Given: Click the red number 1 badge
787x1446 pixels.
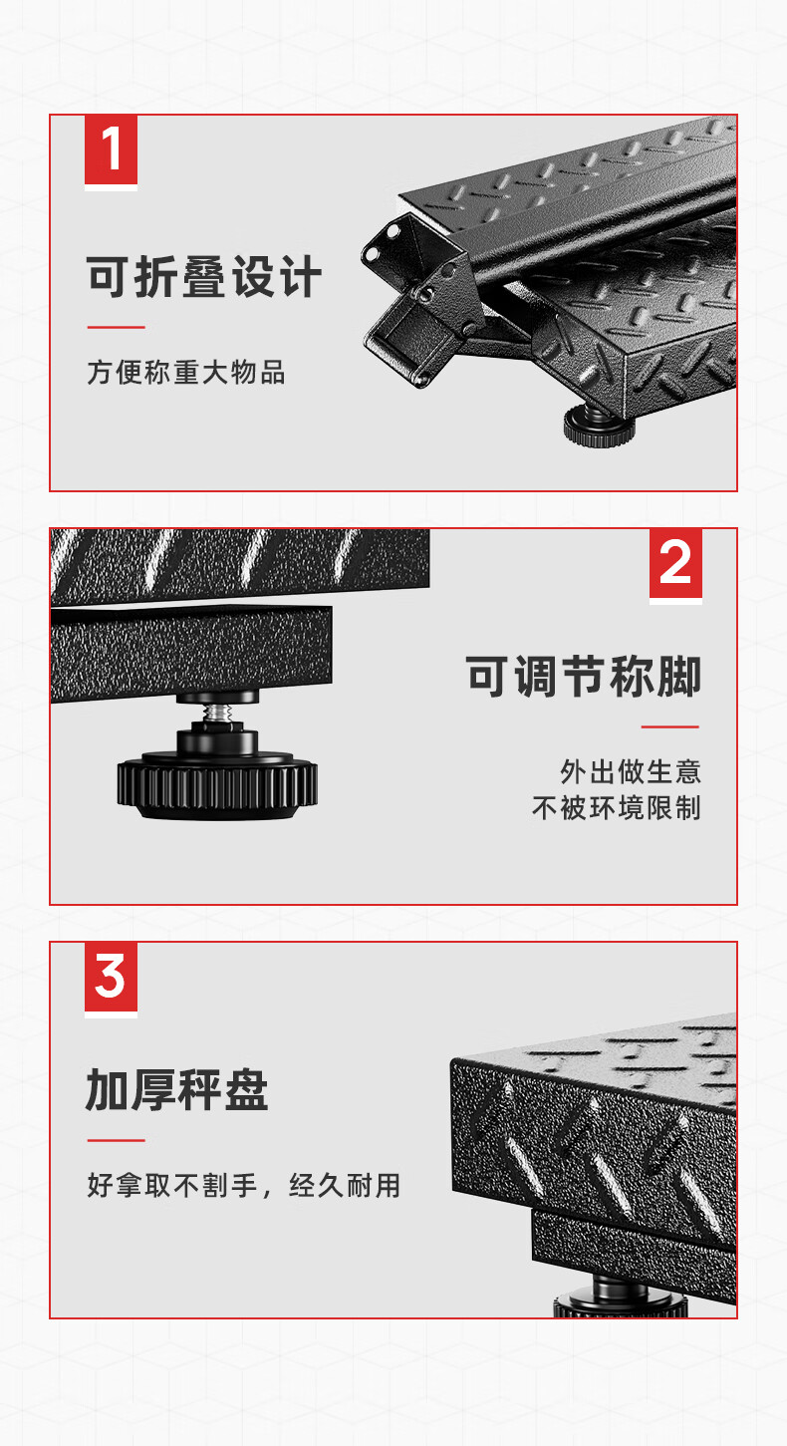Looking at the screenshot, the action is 111,149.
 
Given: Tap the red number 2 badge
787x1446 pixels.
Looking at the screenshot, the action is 675,563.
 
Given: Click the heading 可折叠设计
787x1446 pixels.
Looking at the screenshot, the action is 204,276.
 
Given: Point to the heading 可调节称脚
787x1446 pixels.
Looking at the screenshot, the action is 583,676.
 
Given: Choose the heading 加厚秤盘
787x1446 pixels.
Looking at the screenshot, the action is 176,1089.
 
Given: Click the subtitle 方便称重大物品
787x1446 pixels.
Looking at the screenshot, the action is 185,373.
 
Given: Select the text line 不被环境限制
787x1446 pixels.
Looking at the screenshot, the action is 616,807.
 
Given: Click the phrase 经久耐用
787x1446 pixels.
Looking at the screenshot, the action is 345,1185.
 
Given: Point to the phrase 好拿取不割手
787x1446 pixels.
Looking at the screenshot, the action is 172,1185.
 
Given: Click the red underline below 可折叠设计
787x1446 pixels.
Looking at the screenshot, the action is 117,327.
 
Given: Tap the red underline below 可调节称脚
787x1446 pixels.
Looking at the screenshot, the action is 670,726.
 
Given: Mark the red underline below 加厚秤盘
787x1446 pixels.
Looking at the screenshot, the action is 117,1141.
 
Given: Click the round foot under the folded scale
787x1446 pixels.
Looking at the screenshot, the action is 600,428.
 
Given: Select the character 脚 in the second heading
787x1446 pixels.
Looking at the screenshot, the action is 679,676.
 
